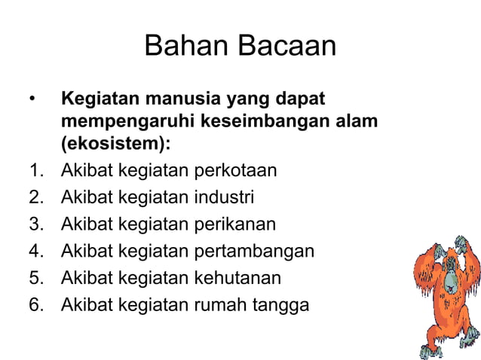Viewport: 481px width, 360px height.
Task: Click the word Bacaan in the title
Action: click(x=287, y=47)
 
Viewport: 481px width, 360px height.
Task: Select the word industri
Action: click(x=224, y=197)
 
